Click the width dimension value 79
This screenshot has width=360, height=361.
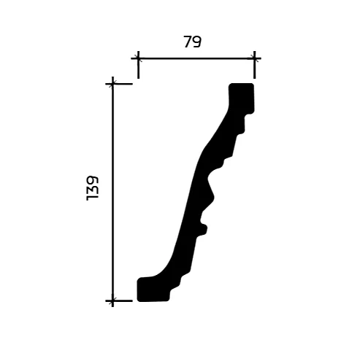click(x=192, y=42)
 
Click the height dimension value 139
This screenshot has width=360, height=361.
click(x=93, y=188)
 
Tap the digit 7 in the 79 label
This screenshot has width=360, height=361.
click(x=187, y=42)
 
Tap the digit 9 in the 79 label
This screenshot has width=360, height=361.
click(x=197, y=42)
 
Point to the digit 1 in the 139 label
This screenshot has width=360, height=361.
click(x=93, y=198)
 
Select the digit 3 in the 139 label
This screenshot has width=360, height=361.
click(x=93, y=188)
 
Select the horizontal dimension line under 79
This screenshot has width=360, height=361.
click(x=196, y=58)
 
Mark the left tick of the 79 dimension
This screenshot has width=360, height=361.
click(x=137, y=58)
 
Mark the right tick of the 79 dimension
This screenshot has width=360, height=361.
click(x=254, y=58)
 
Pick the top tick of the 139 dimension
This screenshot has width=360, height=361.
click(x=112, y=84)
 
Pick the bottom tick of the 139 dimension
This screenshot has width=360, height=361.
click(x=112, y=300)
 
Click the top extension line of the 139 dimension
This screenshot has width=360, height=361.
click(x=123, y=84)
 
